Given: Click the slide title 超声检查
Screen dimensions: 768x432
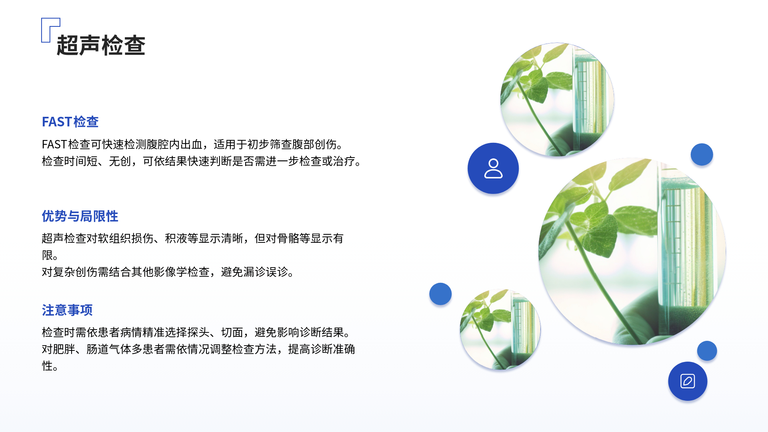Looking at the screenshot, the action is coord(101,45).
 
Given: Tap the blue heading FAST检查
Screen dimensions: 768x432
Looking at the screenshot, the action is coord(70,122).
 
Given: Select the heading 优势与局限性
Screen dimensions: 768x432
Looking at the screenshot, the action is coord(80,216).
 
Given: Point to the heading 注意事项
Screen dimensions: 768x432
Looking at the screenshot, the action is coord(67,310).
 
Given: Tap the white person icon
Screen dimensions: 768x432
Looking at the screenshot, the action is coord(493,168).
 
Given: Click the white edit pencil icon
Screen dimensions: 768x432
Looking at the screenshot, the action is coord(688,381).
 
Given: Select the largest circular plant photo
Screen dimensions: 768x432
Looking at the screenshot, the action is coord(632,251).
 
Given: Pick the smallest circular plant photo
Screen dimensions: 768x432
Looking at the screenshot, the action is coord(500,329).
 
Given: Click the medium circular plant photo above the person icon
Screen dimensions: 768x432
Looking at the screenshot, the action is coord(557,100).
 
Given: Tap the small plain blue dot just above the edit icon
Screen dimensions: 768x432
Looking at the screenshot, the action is coord(707,351).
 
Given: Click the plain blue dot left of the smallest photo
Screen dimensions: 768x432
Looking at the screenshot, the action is coord(440,294).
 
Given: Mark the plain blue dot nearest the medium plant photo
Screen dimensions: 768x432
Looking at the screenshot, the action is coord(702,154).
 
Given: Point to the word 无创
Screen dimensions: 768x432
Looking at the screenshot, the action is coord(120,161).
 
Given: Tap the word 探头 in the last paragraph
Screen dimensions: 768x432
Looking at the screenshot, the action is coord(198,332).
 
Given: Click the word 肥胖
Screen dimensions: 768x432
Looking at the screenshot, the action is coord(64,349).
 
